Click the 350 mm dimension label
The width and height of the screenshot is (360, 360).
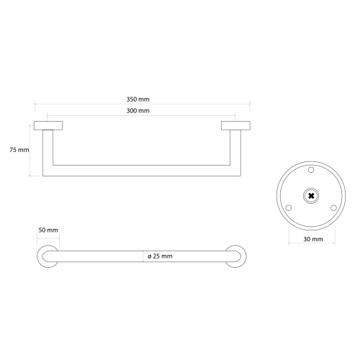pyautogui.click(x=138, y=99)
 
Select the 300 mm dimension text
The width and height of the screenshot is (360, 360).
pyautogui.click(x=138, y=111)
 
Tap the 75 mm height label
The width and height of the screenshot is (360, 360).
pyautogui.click(x=19, y=150)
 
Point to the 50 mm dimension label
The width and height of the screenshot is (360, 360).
pyautogui.click(x=48, y=230)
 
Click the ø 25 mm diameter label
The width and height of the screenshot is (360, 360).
pyautogui.click(x=160, y=256)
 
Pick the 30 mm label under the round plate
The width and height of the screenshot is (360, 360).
pyautogui.click(x=313, y=239)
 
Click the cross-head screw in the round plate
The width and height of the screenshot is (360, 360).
pyautogui.click(x=311, y=196)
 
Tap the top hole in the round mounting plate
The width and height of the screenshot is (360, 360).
pyautogui.click(x=311, y=170)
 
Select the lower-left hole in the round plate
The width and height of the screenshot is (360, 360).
pyautogui.click(x=289, y=207)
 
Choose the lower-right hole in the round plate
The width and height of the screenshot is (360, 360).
pyautogui.click(x=333, y=207)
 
